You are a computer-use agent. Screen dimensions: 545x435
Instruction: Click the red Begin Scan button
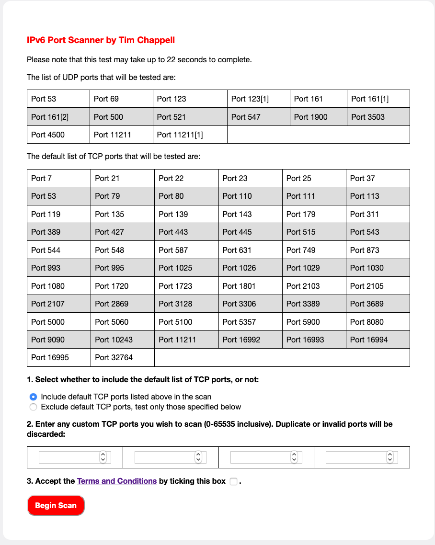(x=56, y=505)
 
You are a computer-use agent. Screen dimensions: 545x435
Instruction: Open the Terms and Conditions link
(x=117, y=481)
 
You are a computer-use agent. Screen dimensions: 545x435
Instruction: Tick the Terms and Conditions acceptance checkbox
(x=233, y=481)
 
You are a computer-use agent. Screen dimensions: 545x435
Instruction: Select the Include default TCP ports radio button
(x=33, y=397)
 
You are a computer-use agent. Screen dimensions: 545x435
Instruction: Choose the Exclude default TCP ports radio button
(x=33, y=407)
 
